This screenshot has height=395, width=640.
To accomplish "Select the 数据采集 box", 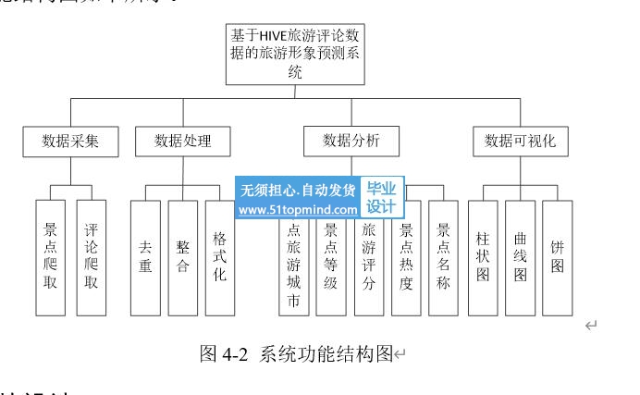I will pos(69,142).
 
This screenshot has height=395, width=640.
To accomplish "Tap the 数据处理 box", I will pos(182,142).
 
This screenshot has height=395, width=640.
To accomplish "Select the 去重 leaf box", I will pos(145,256).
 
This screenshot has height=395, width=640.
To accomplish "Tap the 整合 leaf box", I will pos(183,256).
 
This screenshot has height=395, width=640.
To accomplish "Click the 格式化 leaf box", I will pos(220,256).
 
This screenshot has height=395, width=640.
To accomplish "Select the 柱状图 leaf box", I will pos(483,256).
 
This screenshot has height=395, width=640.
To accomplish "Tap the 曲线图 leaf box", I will pos(520,256).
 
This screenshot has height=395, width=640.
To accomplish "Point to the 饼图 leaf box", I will pos(557,256).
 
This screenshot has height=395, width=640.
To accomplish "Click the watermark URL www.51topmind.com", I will pos(298,211).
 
